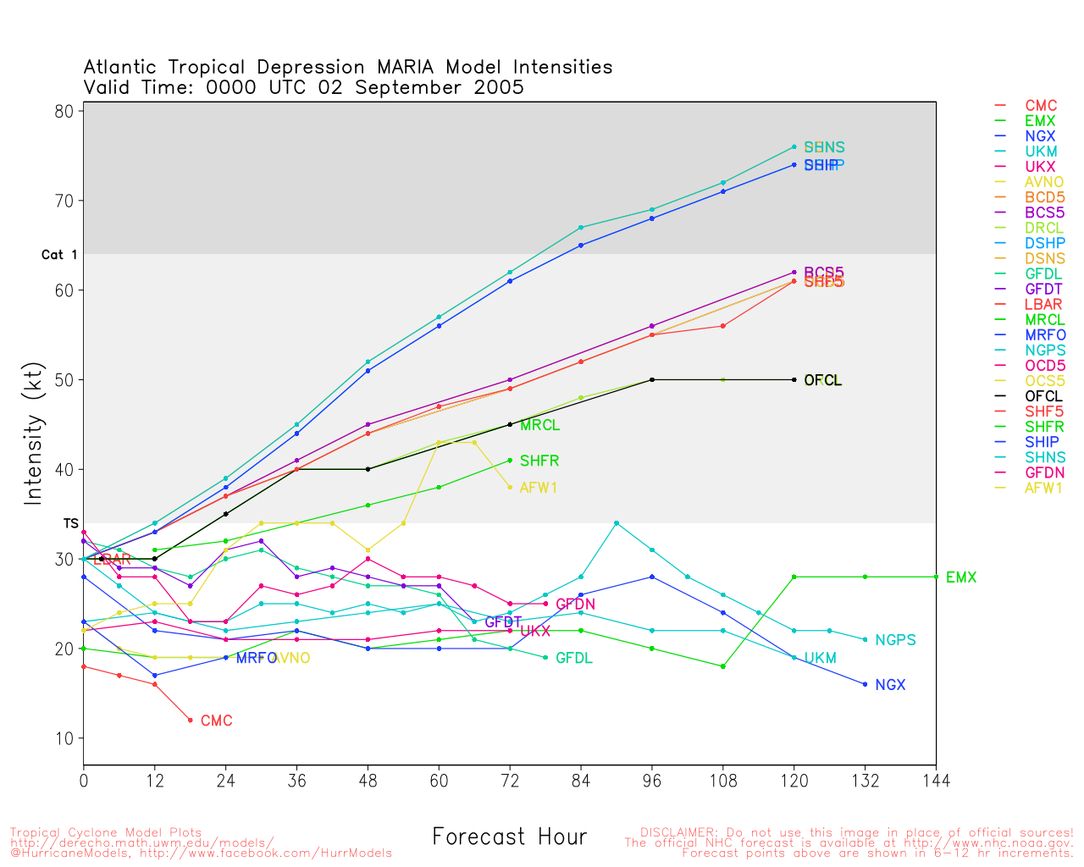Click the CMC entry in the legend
coord(1041,106)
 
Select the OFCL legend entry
coord(1043,396)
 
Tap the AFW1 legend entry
coord(1043,488)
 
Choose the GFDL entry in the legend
coord(1043,274)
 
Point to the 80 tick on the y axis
coord(66,111)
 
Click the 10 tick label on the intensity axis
coord(66,738)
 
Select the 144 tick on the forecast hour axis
coord(936,780)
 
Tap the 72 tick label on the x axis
coord(510,780)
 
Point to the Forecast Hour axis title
coord(509,837)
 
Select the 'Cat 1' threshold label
coord(59,255)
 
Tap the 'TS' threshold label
coord(71,524)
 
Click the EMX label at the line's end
coord(960,577)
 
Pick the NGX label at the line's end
coord(890,685)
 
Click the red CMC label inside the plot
coord(216,721)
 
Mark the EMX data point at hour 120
coord(794,577)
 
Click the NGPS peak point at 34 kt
coord(617,523)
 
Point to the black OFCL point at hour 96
coord(652,379)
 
